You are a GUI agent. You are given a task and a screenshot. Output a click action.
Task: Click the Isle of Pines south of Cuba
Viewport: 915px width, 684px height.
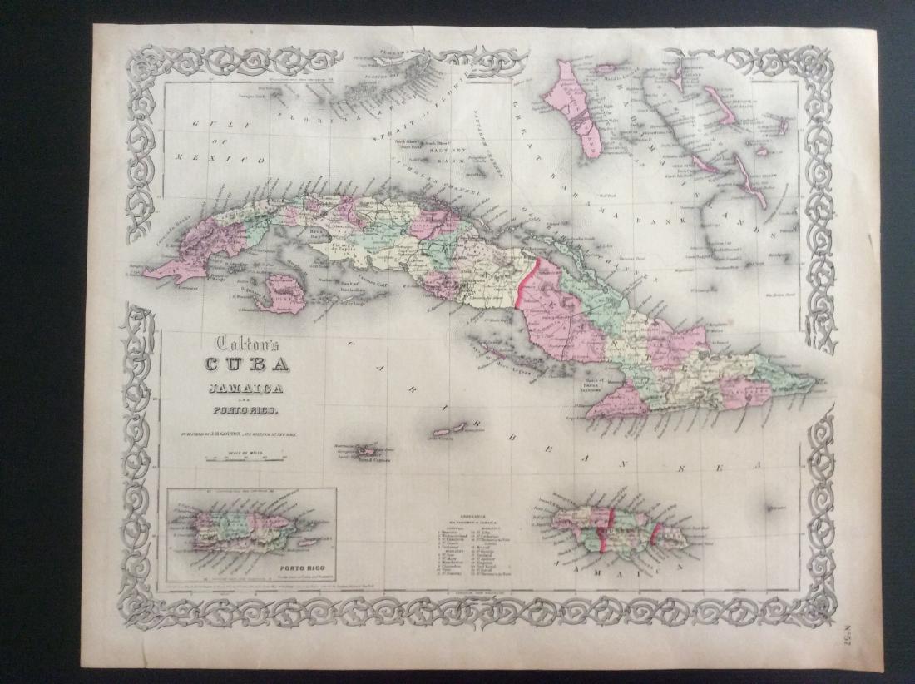(279, 295)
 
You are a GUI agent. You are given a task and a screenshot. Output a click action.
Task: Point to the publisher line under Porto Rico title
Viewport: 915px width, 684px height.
(246, 431)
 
